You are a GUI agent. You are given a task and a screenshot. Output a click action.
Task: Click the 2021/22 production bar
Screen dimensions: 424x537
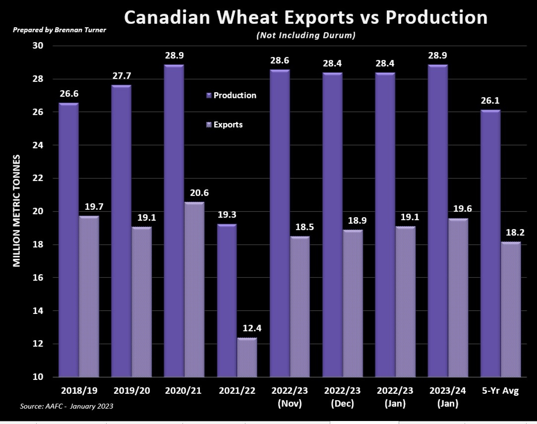[x=227, y=301]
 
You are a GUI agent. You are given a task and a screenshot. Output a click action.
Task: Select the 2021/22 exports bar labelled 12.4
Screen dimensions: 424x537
[x=247, y=357]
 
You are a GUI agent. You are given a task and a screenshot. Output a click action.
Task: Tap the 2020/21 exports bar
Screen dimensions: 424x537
[x=194, y=290]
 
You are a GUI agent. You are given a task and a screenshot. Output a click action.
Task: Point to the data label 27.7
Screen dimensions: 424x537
[x=122, y=76]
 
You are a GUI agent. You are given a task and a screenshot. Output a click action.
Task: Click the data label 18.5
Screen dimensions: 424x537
[x=304, y=227]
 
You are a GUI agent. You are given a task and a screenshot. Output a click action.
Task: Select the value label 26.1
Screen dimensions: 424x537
[x=490, y=101]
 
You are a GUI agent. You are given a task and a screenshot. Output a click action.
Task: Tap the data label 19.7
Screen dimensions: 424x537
[x=94, y=207]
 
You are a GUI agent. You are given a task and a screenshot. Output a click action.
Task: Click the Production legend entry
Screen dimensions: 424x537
[x=231, y=95]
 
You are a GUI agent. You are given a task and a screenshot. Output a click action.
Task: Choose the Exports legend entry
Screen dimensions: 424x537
[x=225, y=125]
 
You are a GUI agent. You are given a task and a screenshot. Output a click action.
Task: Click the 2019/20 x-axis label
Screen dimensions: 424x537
[x=132, y=390]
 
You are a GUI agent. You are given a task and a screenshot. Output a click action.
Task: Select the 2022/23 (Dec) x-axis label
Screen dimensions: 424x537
[x=342, y=397]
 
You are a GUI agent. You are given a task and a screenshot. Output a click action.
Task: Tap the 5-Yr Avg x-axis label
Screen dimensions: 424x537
[x=500, y=390]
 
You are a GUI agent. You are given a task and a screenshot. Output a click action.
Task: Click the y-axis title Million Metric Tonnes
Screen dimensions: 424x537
[x=17, y=211]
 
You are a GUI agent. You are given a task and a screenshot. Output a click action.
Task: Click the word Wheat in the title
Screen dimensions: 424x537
[x=247, y=17]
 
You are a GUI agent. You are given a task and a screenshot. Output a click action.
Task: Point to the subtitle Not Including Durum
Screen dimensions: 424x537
[x=306, y=35]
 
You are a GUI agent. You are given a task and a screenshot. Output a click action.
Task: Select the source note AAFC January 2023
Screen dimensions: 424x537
[x=66, y=406]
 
